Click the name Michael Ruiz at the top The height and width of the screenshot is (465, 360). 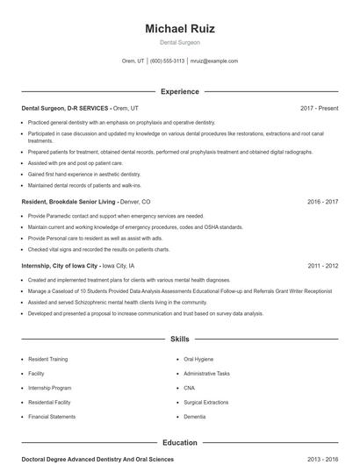(x=179, y=28)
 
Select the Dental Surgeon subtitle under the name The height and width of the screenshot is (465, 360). (x=179, y=42)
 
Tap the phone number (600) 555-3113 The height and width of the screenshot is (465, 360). (x=167, y=61)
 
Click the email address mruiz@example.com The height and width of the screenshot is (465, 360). (x=214, y=61)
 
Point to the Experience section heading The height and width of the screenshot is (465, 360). (x=179, y=91)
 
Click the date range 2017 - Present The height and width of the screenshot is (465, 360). (x=319, y=108)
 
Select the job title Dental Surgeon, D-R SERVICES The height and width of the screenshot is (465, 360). (x=66, y=108)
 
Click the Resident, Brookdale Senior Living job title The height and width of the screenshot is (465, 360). (x=69, y=201)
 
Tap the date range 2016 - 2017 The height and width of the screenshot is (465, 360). (x=322, y=201)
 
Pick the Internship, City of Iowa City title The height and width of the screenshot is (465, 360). (x=60, y=265)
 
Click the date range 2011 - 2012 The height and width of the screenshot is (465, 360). (x=322, y=265)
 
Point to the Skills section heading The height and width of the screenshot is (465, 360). (x=179, y=338)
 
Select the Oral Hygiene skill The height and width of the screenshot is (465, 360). (x=198, y=359)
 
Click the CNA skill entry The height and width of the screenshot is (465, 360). (x=190, y=388)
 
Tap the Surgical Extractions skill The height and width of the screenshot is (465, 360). (x=205, y=402)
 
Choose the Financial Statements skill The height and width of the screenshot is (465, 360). (x=52, y=417)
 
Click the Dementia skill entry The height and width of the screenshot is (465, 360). (x=195, y=417)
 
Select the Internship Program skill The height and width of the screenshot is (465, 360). (x=50, y=388)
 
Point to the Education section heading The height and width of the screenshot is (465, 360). (x=179, y=443)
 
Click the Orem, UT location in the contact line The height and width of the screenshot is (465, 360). (x=133, y=61)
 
